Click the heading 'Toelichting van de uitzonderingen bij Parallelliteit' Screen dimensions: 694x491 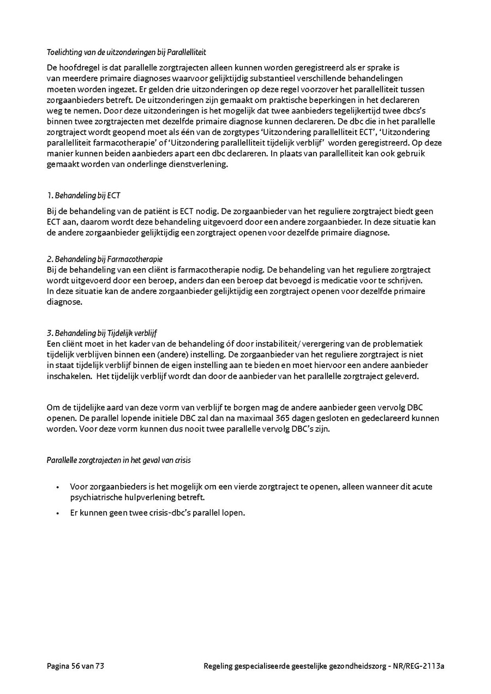(126, 52)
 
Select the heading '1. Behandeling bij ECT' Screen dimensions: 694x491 (83, 195)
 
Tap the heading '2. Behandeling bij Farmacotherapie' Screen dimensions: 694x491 (104, 259)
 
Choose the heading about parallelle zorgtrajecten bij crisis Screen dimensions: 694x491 (118, 460)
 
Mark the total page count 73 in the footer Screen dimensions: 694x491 (99, 666)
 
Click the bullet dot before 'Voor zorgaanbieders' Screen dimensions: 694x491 (58, 487)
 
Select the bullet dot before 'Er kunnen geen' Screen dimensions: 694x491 (58, 513)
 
